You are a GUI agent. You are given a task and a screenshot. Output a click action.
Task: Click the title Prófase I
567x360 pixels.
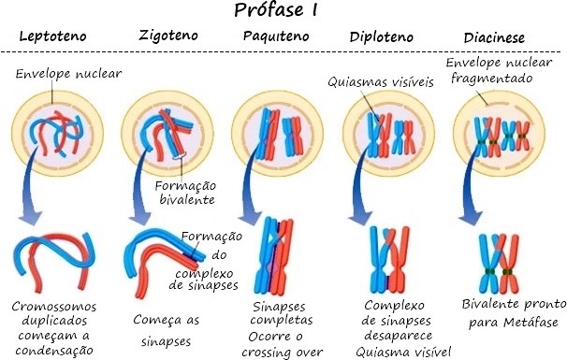275,9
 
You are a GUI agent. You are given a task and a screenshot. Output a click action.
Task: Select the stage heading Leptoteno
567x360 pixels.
52,36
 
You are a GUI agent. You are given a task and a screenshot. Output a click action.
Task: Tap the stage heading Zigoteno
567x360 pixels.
168,36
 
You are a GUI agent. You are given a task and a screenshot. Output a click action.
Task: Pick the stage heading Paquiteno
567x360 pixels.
276,36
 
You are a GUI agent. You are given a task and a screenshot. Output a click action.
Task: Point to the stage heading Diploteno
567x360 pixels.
381,36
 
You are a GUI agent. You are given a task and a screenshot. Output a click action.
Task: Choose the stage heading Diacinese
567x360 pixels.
494,37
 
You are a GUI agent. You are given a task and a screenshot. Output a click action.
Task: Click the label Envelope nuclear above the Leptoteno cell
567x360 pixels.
68,74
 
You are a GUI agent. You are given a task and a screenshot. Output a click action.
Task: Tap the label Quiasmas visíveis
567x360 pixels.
381,82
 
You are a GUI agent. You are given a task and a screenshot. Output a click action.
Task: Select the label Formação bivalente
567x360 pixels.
185,193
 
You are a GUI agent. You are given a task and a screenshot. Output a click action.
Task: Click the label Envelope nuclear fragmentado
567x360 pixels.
499,70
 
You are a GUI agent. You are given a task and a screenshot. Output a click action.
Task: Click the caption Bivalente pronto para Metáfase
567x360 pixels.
514,312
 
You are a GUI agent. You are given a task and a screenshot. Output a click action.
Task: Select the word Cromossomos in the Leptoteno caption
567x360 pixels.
54,307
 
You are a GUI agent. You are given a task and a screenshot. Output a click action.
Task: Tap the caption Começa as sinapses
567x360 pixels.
167,330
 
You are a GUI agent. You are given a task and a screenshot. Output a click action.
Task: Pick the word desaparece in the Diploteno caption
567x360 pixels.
399,336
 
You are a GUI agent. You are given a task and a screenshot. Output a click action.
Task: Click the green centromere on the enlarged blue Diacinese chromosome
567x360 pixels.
489,271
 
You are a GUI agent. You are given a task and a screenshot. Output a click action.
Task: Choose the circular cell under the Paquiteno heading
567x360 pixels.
277,134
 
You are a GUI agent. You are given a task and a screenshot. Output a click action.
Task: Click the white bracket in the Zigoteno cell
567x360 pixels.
180,155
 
